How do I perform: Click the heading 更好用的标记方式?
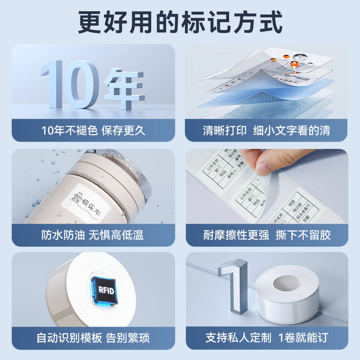(x=180, y=21)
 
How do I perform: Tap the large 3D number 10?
(x=70, y=83)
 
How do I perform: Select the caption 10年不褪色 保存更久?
(x=93, y=131)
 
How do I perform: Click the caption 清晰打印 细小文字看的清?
(x=266, y=131)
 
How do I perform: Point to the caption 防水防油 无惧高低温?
(x=93, y=235)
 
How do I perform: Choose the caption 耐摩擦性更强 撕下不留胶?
(x=266, y=235)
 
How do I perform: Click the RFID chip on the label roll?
(x=103, y=289)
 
